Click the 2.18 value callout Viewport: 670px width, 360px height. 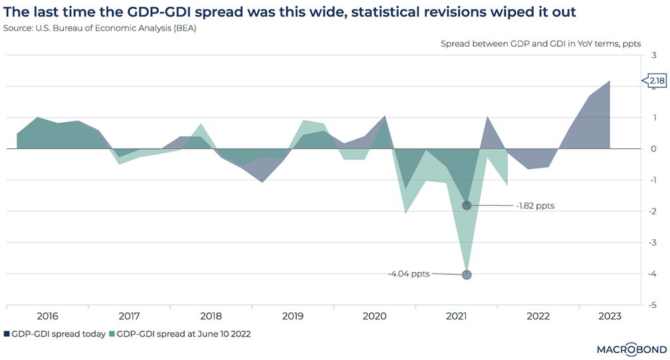(x=656, y=81)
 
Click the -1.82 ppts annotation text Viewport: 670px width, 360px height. (x=535, y=206)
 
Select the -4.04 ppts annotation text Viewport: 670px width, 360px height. (x=408, y=273)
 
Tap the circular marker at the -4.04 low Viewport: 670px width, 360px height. (x=467, y=275)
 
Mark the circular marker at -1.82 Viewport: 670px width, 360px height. (x=467, y=205)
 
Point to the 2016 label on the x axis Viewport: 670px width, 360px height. (x=47, y=316)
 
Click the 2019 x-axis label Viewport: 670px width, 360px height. (x=292, y=316)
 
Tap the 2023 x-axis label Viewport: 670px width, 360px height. (x=610, y=316)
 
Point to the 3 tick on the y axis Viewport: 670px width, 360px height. (x=654, y=56)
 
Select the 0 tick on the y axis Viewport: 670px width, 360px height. (x=654, y=149)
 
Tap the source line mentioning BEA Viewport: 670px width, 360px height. (x=100, y=29)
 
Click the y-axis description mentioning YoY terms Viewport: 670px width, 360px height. (x=540, y=44)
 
